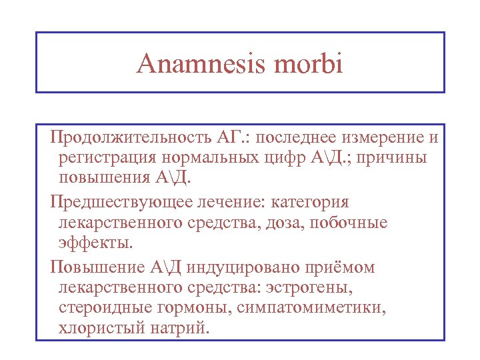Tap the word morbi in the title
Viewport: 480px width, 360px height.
coord(310,64)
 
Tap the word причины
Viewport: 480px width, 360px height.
coord(393,159)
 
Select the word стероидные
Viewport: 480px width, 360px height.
coord(100,309)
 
